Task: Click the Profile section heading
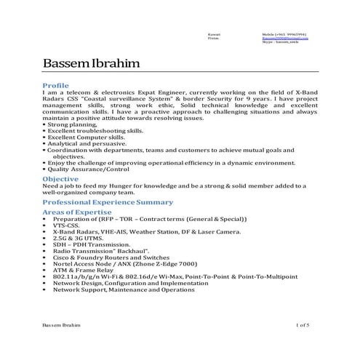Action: pos(56,86)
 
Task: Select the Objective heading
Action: pos(61,178)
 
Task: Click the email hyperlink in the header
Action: pos(284,38)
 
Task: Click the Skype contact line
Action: pos(280,42)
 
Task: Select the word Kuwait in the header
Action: pos(213,33)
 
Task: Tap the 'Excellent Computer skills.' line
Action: pos(84,138)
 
